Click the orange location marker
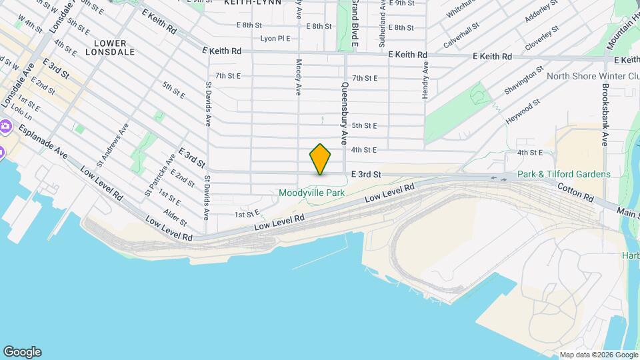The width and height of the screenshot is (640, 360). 320,159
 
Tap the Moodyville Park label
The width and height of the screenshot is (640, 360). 311,193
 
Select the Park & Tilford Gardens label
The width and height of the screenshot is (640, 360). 563,175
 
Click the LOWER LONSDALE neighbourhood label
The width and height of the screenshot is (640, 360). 110,47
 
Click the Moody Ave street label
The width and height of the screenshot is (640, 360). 298,77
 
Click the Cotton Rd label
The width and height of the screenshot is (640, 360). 575,194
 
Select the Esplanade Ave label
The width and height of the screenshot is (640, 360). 43,142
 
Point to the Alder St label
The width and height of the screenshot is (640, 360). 175,217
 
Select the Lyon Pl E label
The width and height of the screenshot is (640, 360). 275,39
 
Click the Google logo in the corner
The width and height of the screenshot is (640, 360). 22,352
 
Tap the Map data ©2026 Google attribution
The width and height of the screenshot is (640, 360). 598,355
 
